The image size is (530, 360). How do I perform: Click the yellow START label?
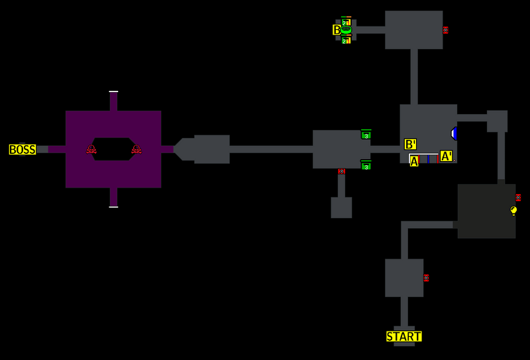403,337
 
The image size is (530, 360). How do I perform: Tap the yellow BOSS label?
22,150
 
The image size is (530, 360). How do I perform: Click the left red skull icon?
91,150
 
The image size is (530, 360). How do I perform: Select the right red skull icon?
136,150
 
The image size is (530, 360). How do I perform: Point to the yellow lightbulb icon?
513,210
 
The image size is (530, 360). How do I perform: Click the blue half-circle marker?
454,133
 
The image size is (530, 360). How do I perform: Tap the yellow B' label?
411,144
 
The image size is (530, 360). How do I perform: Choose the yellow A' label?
447,156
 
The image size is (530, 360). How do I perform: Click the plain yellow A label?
414,161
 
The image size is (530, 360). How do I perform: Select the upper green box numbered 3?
366,135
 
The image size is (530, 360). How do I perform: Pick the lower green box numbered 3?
366,166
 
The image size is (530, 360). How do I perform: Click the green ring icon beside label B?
346,30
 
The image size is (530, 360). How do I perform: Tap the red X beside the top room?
445,30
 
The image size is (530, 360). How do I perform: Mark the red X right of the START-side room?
426,278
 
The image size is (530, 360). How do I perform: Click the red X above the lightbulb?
518,198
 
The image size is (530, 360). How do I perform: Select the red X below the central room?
341,171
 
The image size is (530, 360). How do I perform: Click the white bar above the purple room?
113,91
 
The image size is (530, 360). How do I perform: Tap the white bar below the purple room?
113,207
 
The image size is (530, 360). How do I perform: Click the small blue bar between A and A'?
429,159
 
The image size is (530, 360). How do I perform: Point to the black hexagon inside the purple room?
113,150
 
